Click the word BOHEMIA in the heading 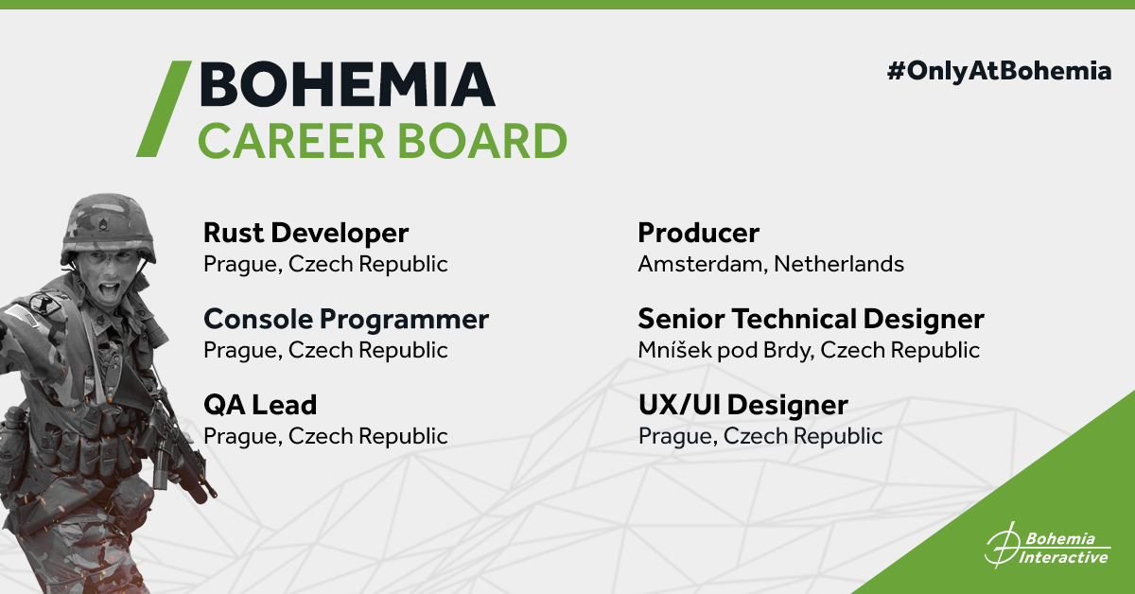click(x=347, y=84)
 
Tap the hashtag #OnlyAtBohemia click(x=999, y=72)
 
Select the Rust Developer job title click(x=306, y=234)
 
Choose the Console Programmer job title click(x=346, y=320)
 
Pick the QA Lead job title click(x=260, y=405)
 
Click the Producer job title click(x=698, y=234)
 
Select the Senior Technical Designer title click(x=811, y=320)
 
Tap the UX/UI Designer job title click(x=742, y=406)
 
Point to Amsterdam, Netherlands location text click(x=771, y=264)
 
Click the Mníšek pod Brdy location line click(x=809, y=350)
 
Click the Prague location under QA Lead click(x=325, y=436)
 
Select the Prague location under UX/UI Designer click(x=760, y=436)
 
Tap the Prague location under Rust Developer click(x=325, y=264)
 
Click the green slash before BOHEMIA click(x=164, y=109)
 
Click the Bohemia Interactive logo click(x=1047, y=546)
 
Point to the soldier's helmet click(x=108, y=228)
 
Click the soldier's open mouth click(x=110, y=290)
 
